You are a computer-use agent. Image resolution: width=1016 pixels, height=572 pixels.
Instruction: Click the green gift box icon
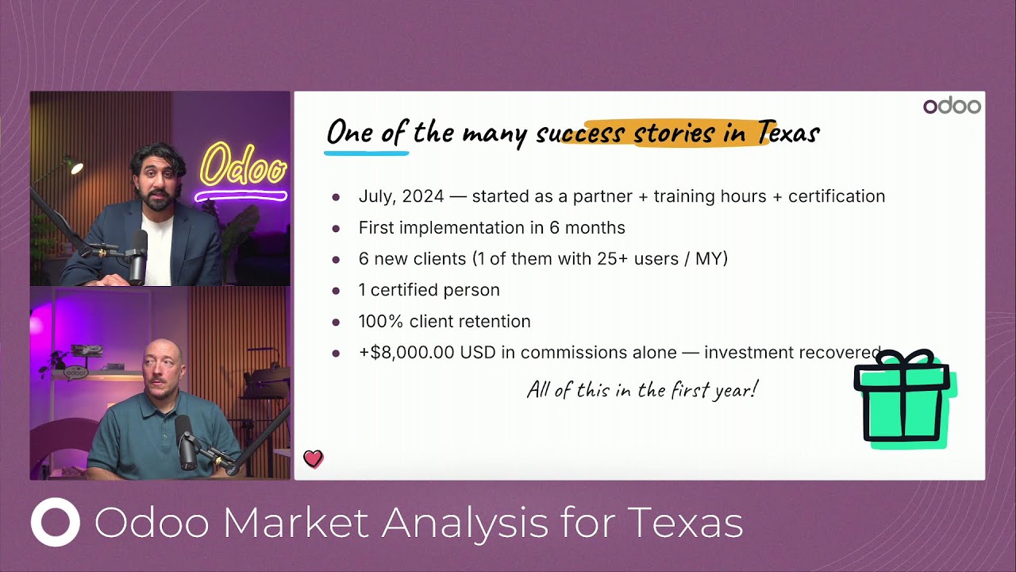coord(905,399)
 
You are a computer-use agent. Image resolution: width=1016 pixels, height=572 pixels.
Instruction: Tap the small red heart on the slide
coord(313,458)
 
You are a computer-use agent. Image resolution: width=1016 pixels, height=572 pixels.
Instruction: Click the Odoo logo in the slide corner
coord(952,106)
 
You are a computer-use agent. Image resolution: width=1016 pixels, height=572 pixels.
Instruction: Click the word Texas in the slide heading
coord(788,133)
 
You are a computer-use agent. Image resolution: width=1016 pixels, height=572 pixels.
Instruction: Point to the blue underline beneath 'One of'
coord(367,153)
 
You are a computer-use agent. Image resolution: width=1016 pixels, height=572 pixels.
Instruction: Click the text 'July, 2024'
coord(401,196)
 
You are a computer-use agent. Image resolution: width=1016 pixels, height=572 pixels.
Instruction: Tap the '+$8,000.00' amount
coord(406,353)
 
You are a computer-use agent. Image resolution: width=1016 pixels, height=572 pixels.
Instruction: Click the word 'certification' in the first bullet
coord(837,196)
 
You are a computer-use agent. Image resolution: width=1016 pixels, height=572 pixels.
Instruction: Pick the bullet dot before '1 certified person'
coord(336,291)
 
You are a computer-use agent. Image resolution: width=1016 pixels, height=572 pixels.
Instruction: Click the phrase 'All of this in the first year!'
coord(642,390)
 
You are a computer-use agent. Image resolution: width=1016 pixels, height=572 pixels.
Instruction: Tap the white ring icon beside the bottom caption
coord(56,522)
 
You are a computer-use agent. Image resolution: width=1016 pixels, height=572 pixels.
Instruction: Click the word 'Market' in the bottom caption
coord(295,523)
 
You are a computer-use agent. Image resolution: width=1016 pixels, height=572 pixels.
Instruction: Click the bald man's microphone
coord(185,443)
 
